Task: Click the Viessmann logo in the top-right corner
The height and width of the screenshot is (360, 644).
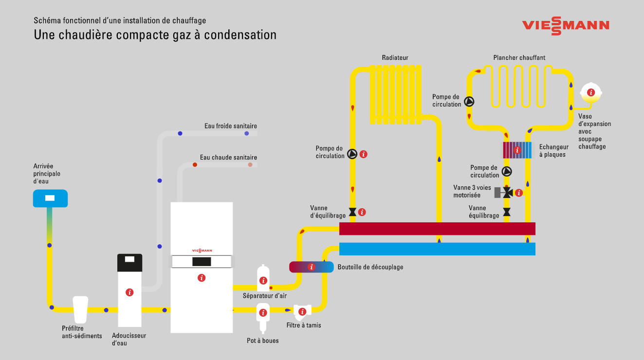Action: [566, 25]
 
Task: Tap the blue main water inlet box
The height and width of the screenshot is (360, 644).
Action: [50, 198]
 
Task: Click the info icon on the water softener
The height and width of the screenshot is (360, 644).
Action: [129, 292]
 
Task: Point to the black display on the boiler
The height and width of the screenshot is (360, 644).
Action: [202, 262]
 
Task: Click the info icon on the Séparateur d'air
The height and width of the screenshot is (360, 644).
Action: [263, 280]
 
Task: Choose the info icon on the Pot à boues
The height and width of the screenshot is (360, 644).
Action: [263, 313]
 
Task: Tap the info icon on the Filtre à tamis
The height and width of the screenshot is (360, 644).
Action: [302, 311]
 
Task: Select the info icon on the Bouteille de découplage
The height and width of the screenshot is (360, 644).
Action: [312, 267]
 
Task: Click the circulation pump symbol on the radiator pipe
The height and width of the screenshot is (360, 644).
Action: [352, 155]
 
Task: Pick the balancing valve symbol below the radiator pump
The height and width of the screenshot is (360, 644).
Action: [352, 212]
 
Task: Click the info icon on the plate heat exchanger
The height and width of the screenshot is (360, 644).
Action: [517, 150]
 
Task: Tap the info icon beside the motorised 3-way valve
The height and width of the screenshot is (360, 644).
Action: [519, 193]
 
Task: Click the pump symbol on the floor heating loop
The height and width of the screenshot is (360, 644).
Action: [469, 102]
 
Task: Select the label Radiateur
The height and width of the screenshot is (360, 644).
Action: [395, 58]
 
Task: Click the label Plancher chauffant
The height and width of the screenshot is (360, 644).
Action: [519, 58]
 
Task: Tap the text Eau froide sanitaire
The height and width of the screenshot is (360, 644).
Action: [230, 126]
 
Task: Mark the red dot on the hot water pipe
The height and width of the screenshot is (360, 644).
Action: [195, 165]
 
